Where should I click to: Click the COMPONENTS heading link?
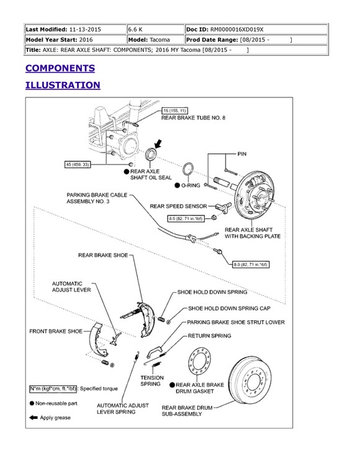tap(60, 68)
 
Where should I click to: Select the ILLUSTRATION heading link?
tap(63, 85)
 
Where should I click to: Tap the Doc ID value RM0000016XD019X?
tap(236, 29)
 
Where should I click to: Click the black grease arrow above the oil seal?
tap(158, 144)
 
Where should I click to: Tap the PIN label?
tap(241, 154)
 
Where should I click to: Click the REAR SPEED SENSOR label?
tap(178, 206)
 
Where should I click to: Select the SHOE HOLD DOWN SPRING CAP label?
tap(229, 308)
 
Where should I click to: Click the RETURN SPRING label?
tap(209, 336)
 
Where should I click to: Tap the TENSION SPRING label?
tap(152, 381)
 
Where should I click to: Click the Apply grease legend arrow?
tap(34, 418)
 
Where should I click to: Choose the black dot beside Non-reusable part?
tap(32, 403)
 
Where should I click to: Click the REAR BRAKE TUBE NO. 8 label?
tap(193, 118)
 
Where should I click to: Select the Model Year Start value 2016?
tap(86, 40)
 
